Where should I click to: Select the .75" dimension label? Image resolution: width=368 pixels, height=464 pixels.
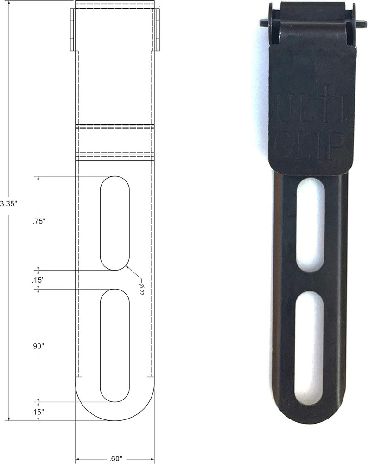click(38, 222)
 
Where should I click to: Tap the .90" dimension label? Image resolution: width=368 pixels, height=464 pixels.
click(38, 346)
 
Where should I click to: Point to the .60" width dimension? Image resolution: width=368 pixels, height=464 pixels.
click(115, 459)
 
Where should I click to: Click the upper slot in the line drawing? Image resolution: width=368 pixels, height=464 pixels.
click(115, 223)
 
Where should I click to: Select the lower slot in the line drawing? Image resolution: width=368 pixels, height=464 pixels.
click(115, 345)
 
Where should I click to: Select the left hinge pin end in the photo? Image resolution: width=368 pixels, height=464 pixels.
click(264, 23)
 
